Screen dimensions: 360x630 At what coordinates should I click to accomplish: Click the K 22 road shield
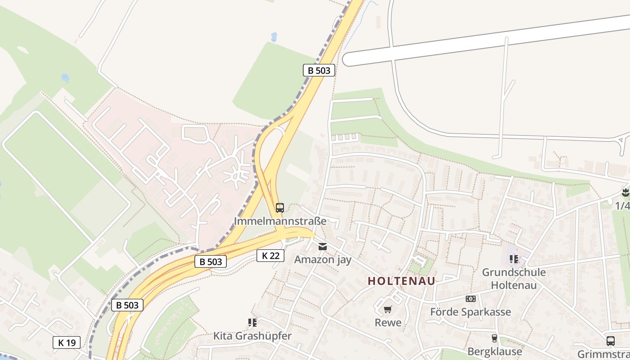click(270, 256)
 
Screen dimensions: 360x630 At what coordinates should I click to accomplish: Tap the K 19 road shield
click(67, 342)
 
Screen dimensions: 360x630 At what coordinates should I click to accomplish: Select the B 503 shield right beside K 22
click(211, 261)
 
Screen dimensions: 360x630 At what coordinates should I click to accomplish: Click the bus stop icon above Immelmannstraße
click(280, 208)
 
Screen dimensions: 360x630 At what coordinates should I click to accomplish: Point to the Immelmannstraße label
click(280, 221)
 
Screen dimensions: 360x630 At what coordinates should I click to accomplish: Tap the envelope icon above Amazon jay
click(323, 247)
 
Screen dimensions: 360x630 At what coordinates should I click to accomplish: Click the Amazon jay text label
click(323, 260)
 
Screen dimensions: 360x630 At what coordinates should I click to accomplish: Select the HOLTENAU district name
click(401, 281)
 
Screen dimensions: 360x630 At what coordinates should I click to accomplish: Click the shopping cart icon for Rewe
click(388, 310)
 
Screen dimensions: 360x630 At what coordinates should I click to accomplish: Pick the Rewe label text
click(388, 323)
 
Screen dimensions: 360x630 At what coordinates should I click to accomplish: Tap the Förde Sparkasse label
click(470, 312)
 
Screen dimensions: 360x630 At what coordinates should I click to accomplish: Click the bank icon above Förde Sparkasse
click(471, 299)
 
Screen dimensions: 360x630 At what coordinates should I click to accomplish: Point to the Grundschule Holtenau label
click(513, 279)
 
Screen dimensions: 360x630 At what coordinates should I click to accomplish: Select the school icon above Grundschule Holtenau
click(513, 259)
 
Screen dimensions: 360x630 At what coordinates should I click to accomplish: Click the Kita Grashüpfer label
click(252, 336)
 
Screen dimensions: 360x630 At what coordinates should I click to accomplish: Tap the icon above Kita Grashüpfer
click(252, 323)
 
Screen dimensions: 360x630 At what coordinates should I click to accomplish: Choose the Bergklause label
click(495, 351)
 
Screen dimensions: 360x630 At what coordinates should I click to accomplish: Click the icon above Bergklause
click(495, 338)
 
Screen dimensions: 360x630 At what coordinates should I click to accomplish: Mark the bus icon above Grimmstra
click(611, 341)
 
